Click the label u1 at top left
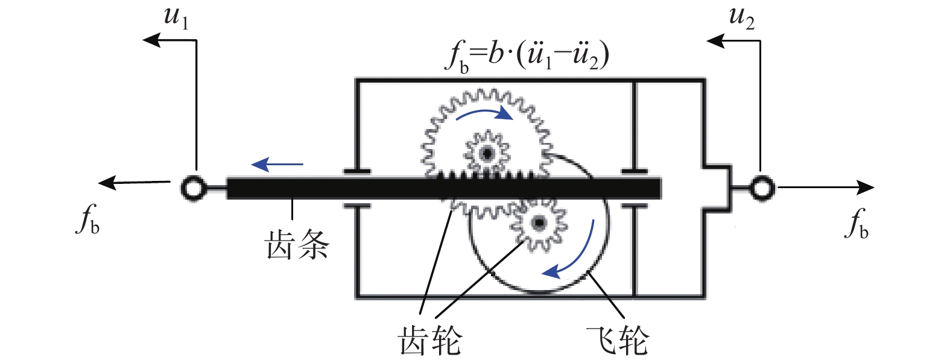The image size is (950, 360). click(x=176, y=17)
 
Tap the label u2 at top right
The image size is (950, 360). click(x=741, y=17)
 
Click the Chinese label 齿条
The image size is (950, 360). click(x=297, y=245)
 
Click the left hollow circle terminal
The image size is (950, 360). click(x=193, y=188)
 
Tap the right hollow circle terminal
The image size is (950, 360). click(x=761, y=188)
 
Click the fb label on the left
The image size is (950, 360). click(x=87, y=219)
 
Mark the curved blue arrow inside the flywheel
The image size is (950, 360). click(x=570, y=253)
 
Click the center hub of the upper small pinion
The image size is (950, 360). click(x=487, y=153)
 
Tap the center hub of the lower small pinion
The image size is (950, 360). click(x=539, y=224)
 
